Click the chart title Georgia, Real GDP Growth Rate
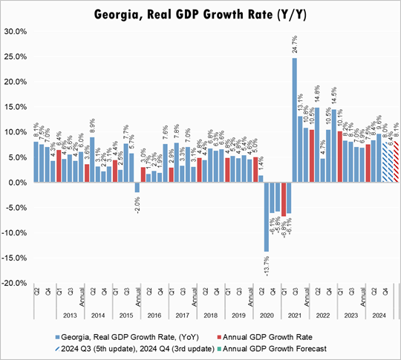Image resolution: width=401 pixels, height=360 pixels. (200, 14)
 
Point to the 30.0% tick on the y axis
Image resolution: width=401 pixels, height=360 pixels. (16, 31)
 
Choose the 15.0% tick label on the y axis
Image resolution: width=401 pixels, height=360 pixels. (16, 107)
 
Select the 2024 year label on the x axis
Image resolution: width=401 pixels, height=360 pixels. (378, 315)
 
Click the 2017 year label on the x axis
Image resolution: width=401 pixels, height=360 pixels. (183, 315)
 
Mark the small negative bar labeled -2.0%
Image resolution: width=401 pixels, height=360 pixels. (137, 188)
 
